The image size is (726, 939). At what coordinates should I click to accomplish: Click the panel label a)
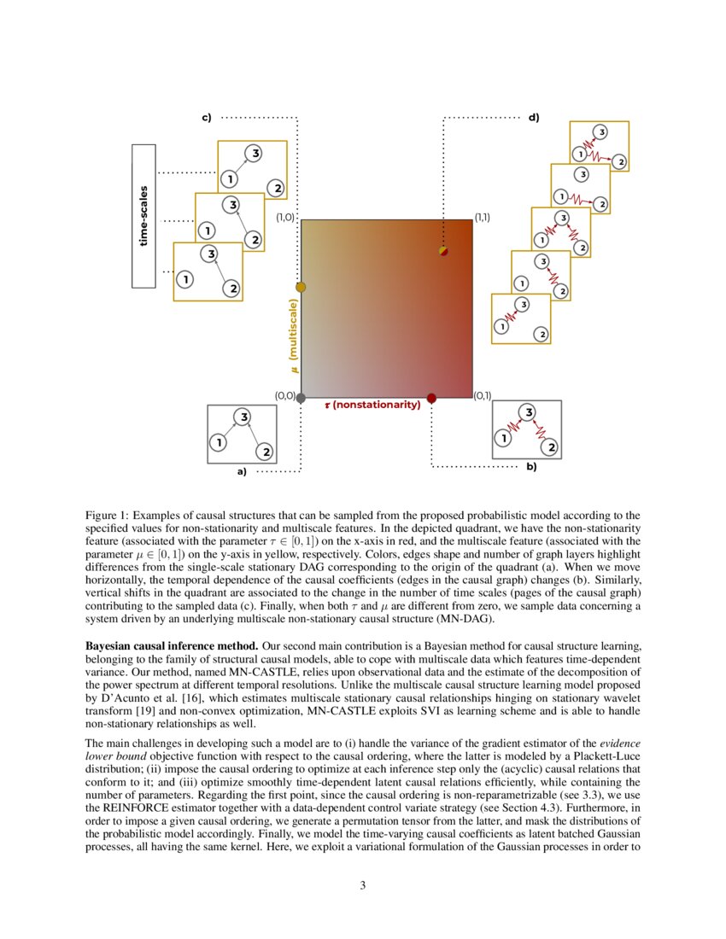coord(241,471)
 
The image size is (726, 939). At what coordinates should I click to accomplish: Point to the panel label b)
coord(530,467)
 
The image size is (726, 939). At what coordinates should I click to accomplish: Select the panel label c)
coord(207,117)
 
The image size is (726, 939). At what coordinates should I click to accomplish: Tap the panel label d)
coord(534,117)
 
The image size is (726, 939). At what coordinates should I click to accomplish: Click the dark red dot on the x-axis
coord(431,398)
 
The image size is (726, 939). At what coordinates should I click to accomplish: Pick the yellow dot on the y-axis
coord(300,287)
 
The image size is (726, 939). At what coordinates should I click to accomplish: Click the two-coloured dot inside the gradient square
coord(442,251)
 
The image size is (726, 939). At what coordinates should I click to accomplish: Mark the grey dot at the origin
coord(301,398)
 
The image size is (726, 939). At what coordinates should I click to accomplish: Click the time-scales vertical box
coord(143,216)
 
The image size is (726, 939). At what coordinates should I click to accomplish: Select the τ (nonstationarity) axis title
coord(372,405)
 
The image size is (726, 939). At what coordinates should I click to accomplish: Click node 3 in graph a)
coord(243,417)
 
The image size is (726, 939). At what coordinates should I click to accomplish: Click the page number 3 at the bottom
coord(363,885)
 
